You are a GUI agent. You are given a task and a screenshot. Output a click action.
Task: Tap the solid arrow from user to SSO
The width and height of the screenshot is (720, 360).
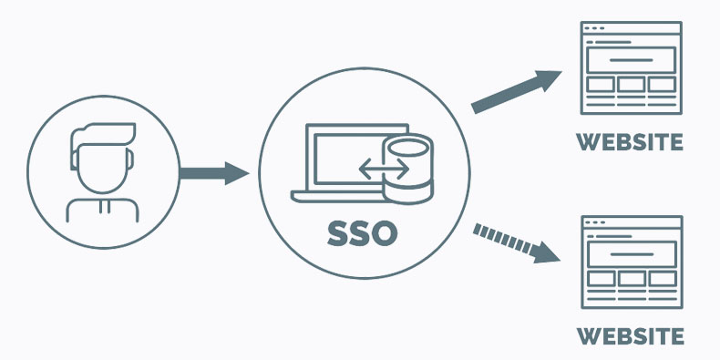(213, 172)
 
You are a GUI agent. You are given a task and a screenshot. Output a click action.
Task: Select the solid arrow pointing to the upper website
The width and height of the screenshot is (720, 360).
(516, 90)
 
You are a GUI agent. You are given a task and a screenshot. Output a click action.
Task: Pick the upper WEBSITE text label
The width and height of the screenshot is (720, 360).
(630, 143)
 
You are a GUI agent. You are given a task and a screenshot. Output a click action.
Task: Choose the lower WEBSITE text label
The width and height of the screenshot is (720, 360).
(630, 336)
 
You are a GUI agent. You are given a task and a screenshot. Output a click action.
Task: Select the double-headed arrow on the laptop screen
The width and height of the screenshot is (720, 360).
(384, 169)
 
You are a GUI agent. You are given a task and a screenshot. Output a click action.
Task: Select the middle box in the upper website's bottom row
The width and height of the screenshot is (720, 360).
(631, 85)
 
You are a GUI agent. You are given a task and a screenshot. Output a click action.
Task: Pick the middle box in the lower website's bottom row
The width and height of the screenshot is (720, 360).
(631, 277)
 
